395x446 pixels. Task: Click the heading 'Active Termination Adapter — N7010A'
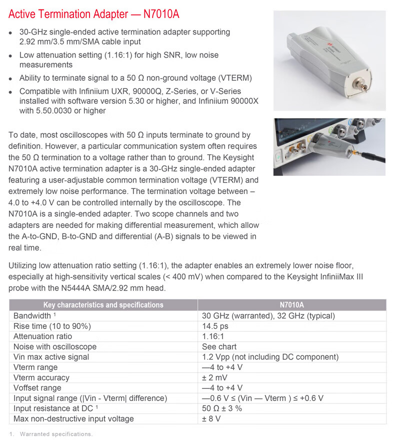pyautogui.click(x=93, y=14)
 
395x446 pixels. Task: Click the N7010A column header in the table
pyautogui.click(x=291, y=305)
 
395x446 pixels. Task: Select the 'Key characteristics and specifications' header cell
pyautogui.click(x=103, y=305)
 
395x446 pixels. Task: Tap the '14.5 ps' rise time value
pyautogui.click(x=215, y=326)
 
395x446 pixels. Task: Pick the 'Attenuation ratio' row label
pyautogui.click(x=42, y=336)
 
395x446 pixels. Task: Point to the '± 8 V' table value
pyautogui.click(x=211, y=419)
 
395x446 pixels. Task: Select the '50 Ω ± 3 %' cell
pyautogui.click(x=222, y=408)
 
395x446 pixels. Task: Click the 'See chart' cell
pyautogui.click(x=219, y=346)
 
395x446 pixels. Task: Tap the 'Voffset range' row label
pyautogui.click(x=37, y=388)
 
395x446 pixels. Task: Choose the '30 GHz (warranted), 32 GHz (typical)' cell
pyautogui.click(x=268, y=315)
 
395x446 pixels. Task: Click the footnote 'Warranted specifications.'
pyautogui.click(x=56, y=434)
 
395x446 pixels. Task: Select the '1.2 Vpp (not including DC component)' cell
pyautogui.click(x=270, y=357)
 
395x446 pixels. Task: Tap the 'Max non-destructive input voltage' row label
pyautogui.click(x=73, y=419)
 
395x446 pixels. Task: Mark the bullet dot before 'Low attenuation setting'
pyautogui.click(x=11, y=55)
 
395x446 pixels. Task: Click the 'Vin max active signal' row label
pyautogui.click(x=51, y=357)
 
